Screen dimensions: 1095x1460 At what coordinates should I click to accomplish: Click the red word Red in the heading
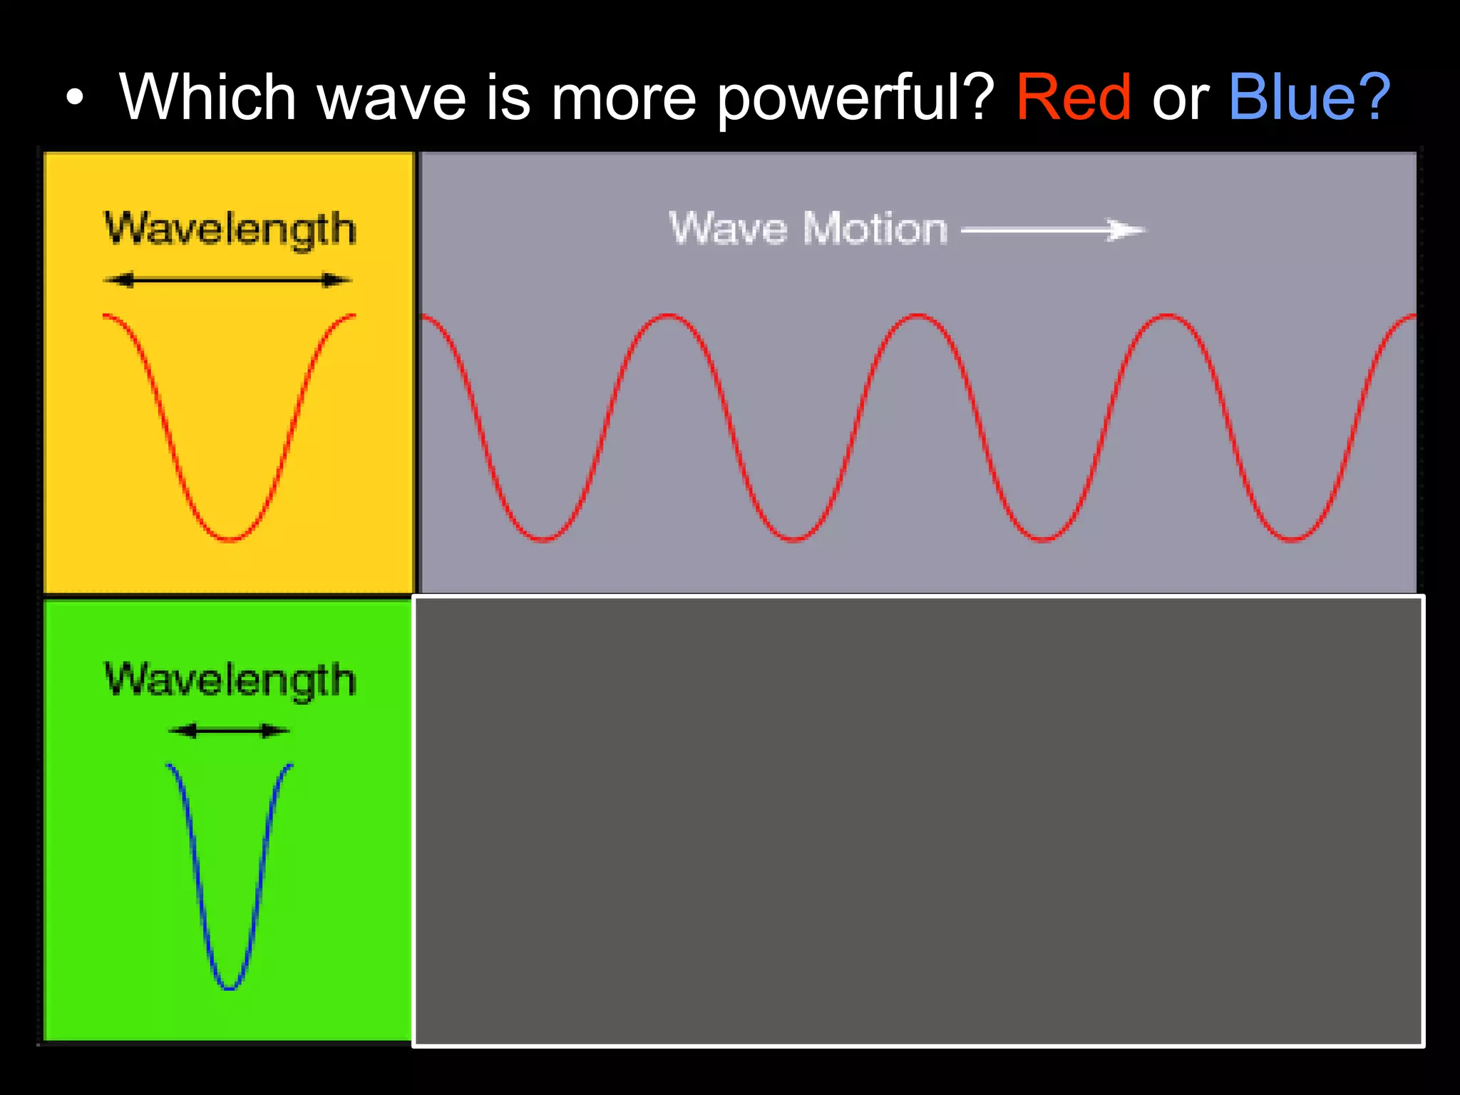[1073, 98]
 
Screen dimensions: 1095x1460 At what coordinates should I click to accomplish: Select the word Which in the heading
[207, 98]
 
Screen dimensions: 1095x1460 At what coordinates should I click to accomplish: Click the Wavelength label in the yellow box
[230, 230]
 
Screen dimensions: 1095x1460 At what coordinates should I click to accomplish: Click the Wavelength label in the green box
[230, 679]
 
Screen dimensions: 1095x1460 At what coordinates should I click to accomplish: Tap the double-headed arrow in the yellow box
[228, 280]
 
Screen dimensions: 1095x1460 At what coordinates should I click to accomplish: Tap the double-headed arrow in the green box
[229, 730]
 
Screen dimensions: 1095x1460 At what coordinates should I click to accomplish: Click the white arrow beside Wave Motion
[1053, 230]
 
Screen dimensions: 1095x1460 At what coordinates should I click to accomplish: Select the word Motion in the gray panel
[875, 229]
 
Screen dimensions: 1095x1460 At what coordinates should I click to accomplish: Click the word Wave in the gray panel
[728, 229]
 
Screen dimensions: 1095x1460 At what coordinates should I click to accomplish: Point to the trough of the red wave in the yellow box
[230, 538]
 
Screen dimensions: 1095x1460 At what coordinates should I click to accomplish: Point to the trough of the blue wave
[230, 987]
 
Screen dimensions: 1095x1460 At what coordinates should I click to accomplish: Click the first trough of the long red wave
[543, 538]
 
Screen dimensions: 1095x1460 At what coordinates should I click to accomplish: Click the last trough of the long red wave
[1292, 538]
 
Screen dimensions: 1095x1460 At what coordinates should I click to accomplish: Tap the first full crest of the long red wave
[669, 315]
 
